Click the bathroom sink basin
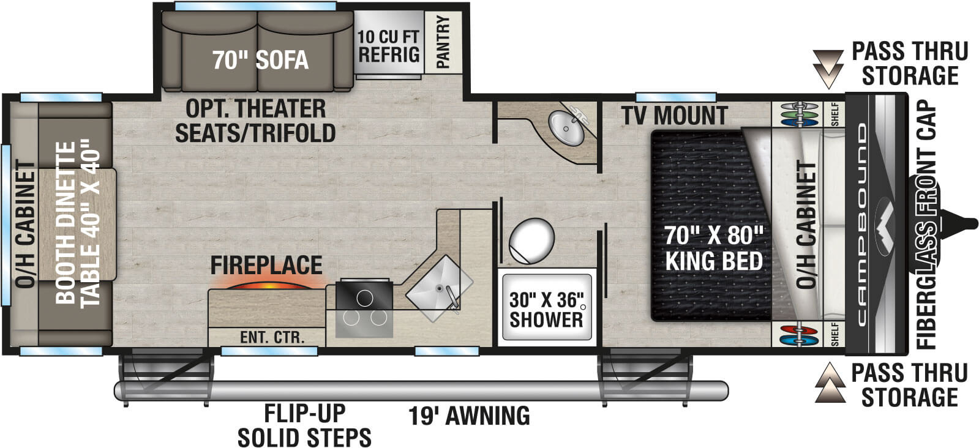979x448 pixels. coord(567,128)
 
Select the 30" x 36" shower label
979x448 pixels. coord(546,309)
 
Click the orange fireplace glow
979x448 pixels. coord(268,285)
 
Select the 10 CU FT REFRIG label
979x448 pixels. coord(389,45)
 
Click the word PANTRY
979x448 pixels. coord(443,42)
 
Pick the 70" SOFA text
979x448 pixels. coord(260,60)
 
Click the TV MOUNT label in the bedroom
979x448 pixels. coord(674,115)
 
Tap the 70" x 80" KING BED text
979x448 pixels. coord(713,248)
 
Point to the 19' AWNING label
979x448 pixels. coord(469,416)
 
